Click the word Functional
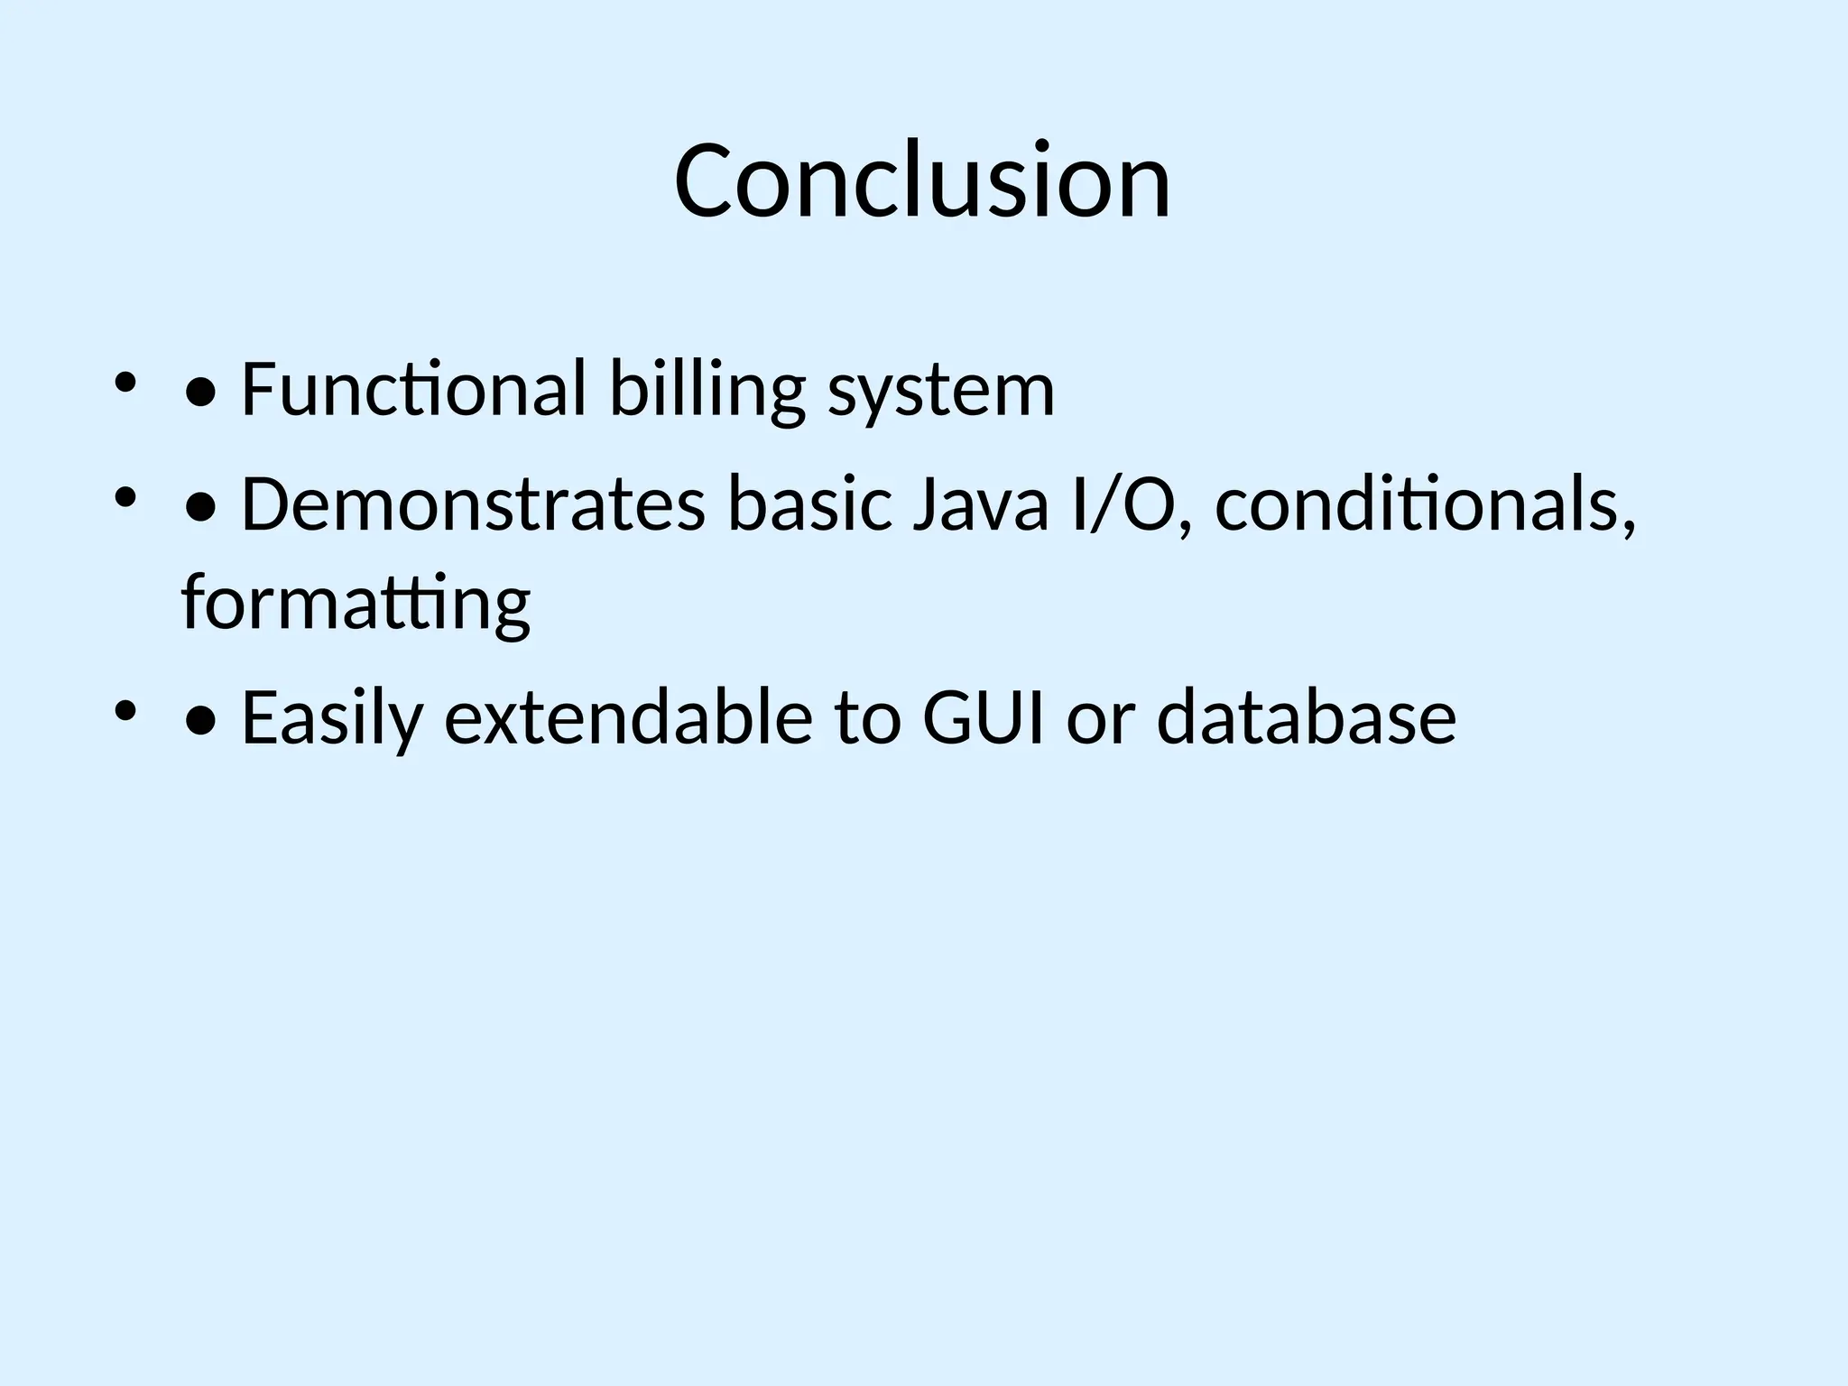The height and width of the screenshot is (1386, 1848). click(x=414, y=390)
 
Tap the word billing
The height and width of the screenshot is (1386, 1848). click(x=707, y=390)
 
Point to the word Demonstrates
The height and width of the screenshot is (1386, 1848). click(x=473, y=505)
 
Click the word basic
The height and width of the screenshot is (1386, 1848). click(x=809, y=505)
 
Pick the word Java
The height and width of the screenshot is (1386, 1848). click(x=981, y=505)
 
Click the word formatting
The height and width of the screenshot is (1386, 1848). click(x=356, y=605)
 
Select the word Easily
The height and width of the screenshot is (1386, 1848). click(x=332, y=718)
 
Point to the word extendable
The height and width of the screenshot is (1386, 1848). click(x=629, y=718)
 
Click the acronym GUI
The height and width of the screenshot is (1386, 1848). click(x=983, y=718)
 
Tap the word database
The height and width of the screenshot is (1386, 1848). click(x=1306, y=718)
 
